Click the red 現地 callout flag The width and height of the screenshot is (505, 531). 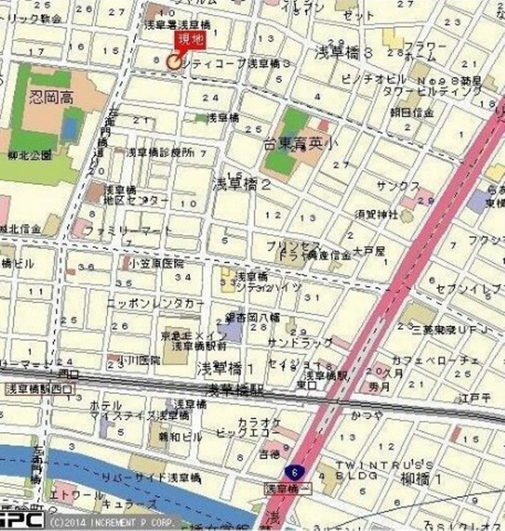click(x=188, y=41)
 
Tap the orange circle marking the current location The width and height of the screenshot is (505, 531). click(x=174, y=61)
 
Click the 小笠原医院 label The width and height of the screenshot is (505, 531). click(x=155, y=262)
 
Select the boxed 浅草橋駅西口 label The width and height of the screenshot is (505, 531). click(x=37, y=387)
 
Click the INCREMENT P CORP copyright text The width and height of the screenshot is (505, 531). click(x=110, y=524)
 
